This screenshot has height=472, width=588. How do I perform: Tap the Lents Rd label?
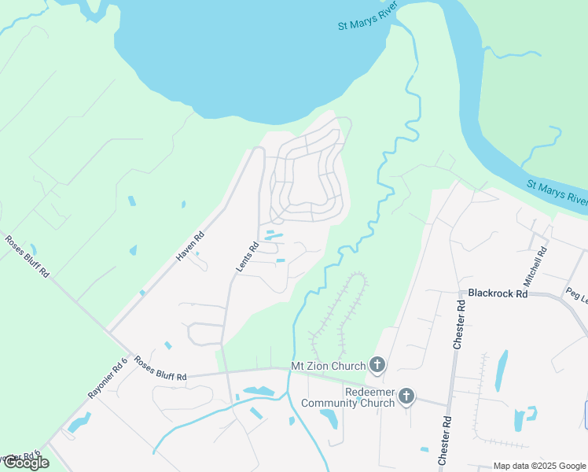coord(247,257)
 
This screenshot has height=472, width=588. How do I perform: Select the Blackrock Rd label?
coord(497,293)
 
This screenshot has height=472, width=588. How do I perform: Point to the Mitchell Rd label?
coord(535,265)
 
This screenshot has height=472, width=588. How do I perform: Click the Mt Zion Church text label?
coord(329,366)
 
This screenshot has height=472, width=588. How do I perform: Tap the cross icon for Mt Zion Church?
coord(377,364)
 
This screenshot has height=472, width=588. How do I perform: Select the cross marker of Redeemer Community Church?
coord(406,396)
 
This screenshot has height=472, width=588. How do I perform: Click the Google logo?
coord(25,463)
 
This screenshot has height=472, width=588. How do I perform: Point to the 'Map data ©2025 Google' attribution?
coord(538,466)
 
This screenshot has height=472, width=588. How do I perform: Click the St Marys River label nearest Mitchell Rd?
coord(557,194)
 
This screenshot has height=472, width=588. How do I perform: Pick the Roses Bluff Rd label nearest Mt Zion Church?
coord(160,369)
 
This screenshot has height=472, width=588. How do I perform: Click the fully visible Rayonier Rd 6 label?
coord(108,378)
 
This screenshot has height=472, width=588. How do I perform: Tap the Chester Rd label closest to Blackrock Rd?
coord(460,324)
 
